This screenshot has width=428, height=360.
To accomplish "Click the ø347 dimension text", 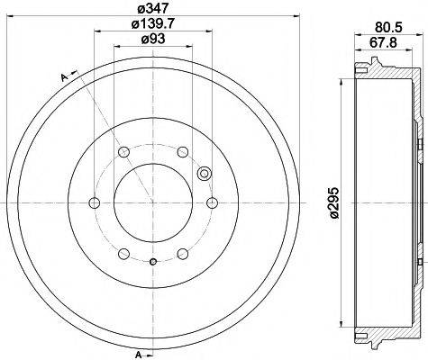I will coord(150,10).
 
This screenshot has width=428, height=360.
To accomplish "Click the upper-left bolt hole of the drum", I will coord(122,150).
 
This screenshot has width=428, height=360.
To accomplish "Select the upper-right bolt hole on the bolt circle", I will coord(182,150).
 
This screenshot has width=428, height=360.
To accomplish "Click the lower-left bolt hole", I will coord(122,255).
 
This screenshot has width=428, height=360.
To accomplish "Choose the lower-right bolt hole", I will coord(182,255).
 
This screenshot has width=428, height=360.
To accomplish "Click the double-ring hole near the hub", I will coord(203,175).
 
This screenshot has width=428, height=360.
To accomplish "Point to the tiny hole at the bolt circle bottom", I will coord(152,262).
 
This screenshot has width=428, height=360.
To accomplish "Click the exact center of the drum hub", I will coord(152,203).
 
